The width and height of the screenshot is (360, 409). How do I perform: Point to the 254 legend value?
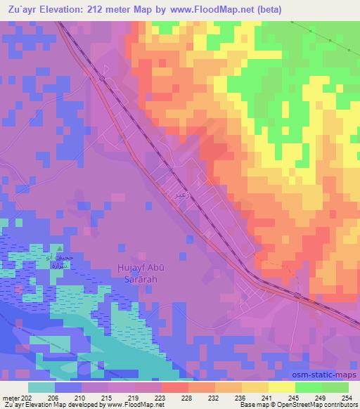click(348, 397)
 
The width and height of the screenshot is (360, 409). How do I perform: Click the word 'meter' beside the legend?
click(9, 397)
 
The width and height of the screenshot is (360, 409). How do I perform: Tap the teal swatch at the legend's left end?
click(41, 387)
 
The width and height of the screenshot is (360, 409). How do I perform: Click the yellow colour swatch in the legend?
click(281, 387)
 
